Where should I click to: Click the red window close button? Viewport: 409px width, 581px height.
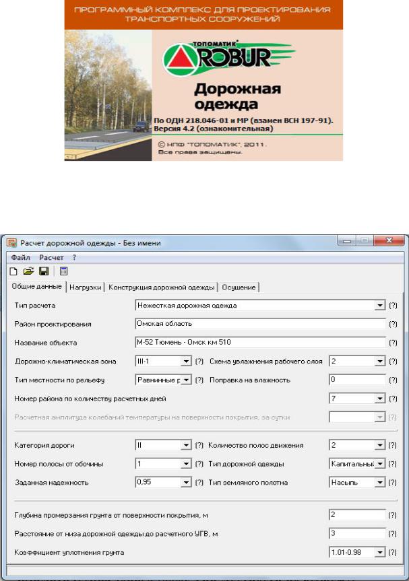pyautogui.click(x=390, y=242)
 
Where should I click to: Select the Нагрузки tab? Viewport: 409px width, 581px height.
pyautogui.click(x=86, y=287)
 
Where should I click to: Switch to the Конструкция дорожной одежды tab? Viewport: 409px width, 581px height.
pyautogui.click(x=162, y=287)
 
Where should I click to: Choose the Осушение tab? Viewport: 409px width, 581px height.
pyautogui.click(x=239, y=287)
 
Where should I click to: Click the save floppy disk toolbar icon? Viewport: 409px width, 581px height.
pyautogui.click(x=43, y=271)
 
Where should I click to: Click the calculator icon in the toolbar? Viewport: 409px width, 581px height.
pyautogui.click(x=63, y=271)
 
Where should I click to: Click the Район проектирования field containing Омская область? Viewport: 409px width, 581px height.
pyautogui.click(x=260, y=324)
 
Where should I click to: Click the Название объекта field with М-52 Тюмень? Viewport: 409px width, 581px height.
pyautogui.click(x=260, y=342)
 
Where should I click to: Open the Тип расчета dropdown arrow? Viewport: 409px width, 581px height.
pyautogui.click(x=379, y=306)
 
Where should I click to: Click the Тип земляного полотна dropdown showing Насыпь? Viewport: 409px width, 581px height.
pyautogui.click(x=357, y=482)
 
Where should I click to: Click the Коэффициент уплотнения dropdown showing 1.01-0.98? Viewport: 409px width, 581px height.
pyautogui.click(x=357, y=553)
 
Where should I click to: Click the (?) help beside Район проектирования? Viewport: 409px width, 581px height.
pyautogui.click(x=393, y=324)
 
